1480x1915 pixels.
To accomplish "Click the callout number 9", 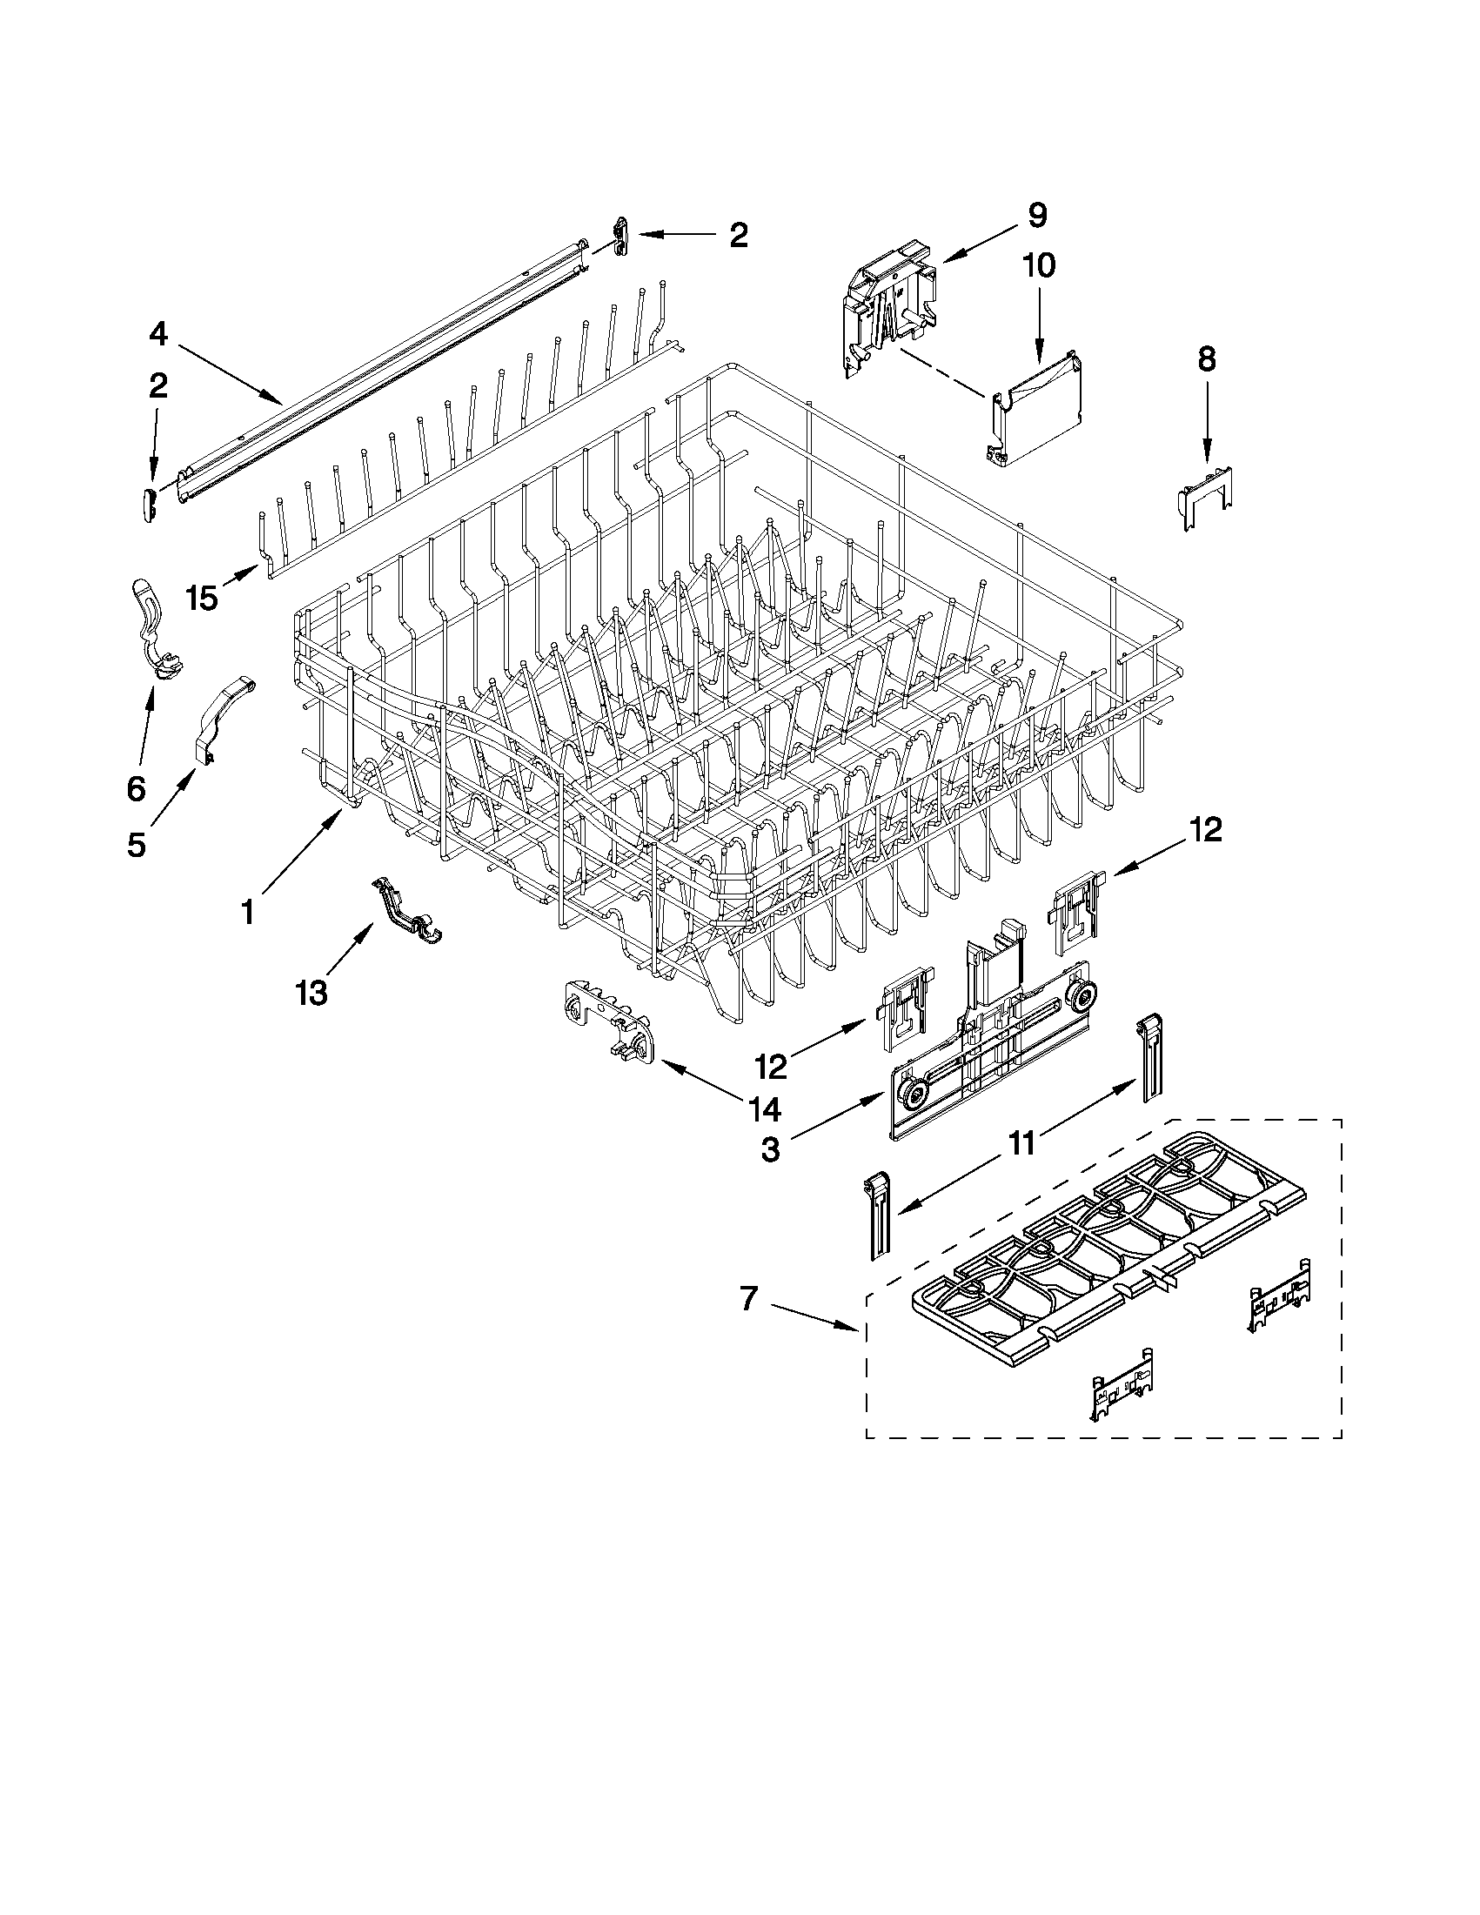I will [x=1037, y=216].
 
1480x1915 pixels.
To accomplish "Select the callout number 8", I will [x=1207, y=358].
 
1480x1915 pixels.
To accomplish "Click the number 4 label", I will [x=157, y=334].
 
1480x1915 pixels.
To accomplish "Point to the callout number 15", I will [x=202, y=599].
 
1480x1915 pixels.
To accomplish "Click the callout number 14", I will [x=764, y=1109].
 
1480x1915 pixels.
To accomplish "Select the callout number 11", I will [x=1022, y=1143].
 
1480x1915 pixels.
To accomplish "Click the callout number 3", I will [x=770, y=1149].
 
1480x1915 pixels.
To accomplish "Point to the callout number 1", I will [x=247, y=913].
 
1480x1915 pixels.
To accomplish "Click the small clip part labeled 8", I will [x=1208, y=499].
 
